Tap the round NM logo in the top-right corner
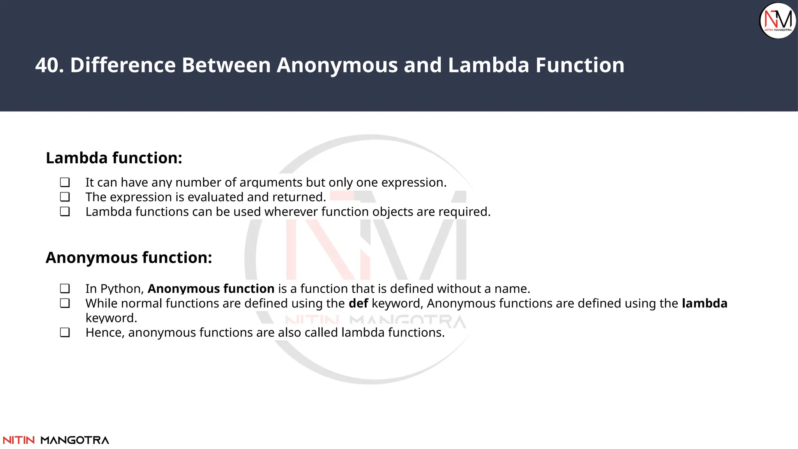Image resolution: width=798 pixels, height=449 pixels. (x=778, y=21)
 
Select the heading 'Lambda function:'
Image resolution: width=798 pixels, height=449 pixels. (x=114, y=158)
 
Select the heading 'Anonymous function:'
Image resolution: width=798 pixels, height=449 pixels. (x=129, y=258)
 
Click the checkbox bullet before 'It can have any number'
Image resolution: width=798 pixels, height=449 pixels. (x=65, y=182)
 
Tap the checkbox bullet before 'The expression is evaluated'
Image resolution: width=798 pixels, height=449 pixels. (x=65, y=197)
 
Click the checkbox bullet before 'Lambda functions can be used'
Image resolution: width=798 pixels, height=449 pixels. (x=65, y=212)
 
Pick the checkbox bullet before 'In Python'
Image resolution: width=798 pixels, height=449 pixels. (x=65, y=289)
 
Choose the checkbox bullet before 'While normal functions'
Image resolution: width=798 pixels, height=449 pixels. (x=65, y=303)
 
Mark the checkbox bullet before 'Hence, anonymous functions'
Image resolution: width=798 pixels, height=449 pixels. (x=65, y=332)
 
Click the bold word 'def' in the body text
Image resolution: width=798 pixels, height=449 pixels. (x=358, y=303)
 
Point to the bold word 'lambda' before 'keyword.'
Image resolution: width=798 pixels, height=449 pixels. (x=704, y=303)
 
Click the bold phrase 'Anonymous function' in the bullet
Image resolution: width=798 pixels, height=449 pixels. (x=211, y=289)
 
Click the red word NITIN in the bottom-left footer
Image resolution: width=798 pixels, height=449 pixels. (x=19, y=440)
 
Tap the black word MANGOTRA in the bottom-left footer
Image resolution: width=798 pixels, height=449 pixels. (x=75, y=440)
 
